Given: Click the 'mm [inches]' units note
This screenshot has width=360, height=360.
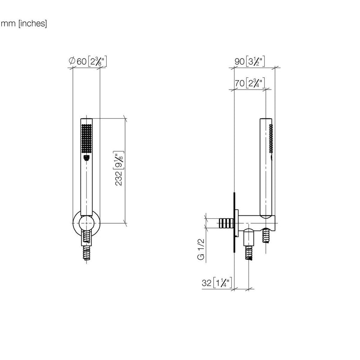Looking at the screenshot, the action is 24,23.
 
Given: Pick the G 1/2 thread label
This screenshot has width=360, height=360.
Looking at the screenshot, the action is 201,249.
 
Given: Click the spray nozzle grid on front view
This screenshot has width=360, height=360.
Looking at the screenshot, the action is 86,138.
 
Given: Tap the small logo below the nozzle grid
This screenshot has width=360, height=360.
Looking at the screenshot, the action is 86,157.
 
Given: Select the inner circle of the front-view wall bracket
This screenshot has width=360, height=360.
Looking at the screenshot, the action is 86,223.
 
